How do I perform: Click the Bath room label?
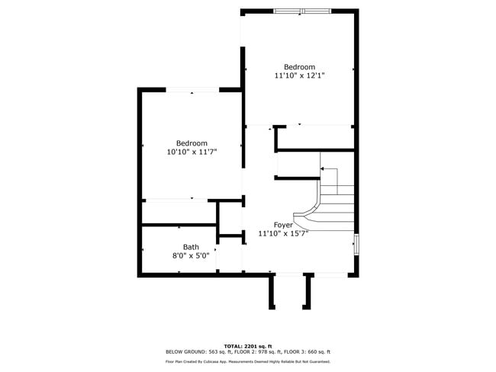(x=191, y=247)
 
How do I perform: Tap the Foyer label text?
(x=283, y=225)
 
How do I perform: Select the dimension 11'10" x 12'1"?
(x=299, y=75)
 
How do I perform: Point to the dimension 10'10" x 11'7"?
(x=192, y=152)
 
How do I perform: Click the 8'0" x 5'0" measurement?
(x=191, y=256)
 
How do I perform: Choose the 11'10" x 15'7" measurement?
(x=282, y=234)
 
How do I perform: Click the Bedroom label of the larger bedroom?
(x=299, y=67)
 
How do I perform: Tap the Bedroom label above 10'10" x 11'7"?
(x=192, y=143)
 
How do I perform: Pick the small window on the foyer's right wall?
(x=355, y=243)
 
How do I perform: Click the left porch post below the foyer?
(x=272, y=292)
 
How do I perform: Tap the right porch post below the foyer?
(x=308, y=292)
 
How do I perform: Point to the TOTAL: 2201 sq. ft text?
(x=248, y=345)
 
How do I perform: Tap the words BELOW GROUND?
(x=182, y=351)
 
